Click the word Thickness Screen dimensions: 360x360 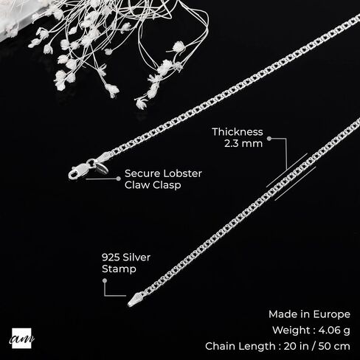click(x=238, y=132)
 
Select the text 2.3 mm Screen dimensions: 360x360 click(x=243, y=143)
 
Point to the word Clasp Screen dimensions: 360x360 click(x=166, y=185)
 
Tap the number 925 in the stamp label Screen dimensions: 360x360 click(x=111, y=257)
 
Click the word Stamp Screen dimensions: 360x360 click(x=119, y=269)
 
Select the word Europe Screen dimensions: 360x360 click(x=332, y=314)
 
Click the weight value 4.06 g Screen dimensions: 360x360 click(x=334, y=330)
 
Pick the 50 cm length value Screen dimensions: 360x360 click(x=334, y=346)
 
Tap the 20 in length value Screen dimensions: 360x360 click(x=296, y=346)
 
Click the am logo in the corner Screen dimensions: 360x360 click(x=21, y=339)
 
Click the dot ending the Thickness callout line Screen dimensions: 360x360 click(x=269, y=139)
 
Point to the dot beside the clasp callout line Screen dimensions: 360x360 click(x=119, y=179)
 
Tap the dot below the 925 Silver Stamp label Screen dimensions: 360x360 click(x=105, y=280)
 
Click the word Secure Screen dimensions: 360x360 click(x=142, y=173)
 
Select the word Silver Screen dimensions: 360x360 click(x=136, y=257)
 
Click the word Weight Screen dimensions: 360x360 click(x=292, y=330)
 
